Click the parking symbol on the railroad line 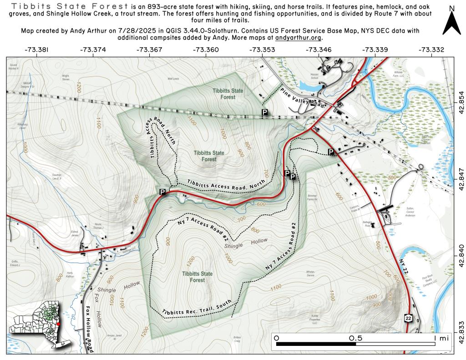(x=264, y=112)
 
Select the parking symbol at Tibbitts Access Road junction (x=162, y=192)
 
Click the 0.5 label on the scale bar (x=355, y=339)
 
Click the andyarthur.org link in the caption (x=304, y=38)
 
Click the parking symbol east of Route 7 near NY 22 (x=331, y=152)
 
